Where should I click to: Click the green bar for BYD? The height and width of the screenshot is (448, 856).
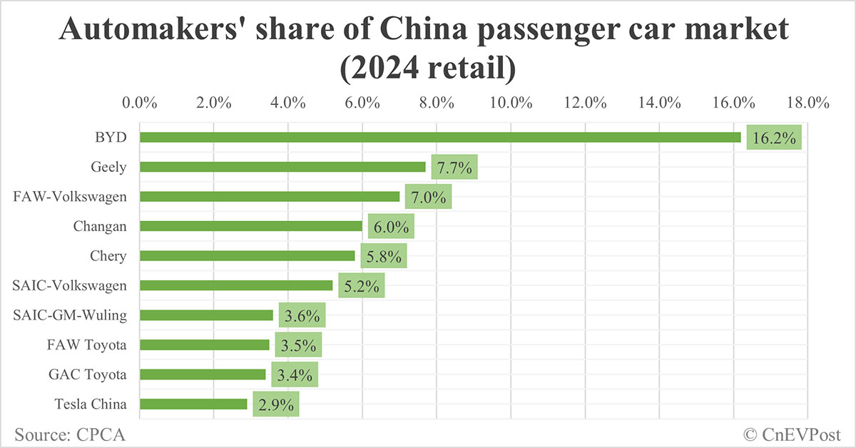(440, 137)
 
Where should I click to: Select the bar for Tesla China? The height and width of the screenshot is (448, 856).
(193, 404)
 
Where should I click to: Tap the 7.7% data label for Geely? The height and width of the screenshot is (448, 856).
(454, 168)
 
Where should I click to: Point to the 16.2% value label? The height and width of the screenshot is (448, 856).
(774, 138)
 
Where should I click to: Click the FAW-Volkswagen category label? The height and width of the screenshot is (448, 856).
(70, 197)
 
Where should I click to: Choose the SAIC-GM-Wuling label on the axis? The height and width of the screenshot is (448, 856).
(70, 315)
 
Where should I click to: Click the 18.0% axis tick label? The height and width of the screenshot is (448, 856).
(807, 102)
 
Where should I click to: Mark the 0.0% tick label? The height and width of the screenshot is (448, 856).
(140, 102)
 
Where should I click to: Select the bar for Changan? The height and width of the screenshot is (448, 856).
(251, 226)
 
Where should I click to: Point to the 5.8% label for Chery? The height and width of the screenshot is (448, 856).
(383, 256)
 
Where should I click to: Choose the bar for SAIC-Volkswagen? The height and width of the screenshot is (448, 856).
(236, 285)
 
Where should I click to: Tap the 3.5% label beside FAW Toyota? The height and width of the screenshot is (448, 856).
(298, 345)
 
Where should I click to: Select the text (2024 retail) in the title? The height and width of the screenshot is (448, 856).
(427, 69)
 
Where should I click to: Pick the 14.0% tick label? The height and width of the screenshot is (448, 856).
(659, 102)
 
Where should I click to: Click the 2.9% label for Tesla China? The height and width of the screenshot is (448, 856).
(275, 404)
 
